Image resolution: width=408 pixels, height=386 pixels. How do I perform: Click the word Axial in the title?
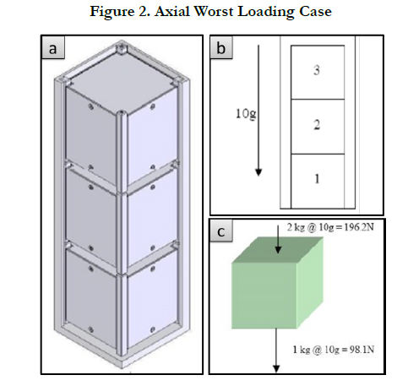(x=171, y=12)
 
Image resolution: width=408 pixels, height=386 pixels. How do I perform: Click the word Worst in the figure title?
(x=214, y=12)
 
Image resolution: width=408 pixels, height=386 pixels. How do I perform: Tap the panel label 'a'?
(x=52, y=48)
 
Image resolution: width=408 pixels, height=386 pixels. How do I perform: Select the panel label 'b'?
(x=221, y=48)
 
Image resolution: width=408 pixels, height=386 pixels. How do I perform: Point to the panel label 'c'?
(x=221, y=232)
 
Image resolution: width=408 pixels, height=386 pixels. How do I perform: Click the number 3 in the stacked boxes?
(x=317, y=70)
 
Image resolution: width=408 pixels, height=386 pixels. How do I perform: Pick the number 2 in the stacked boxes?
(x=317, y=125)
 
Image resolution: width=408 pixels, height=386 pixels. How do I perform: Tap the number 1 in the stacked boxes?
(x=317, y=179)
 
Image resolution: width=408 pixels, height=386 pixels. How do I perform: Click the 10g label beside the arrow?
(x=246, y=114)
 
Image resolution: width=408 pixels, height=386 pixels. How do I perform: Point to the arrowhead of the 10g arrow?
(x=258, y=172)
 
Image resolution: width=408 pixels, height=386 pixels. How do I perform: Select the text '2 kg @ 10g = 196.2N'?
(x=330, y=227)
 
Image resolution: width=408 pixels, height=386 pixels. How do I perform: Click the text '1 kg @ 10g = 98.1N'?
(x=334, y=350)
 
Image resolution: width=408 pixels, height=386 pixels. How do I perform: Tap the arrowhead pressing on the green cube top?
(x=278, y=249)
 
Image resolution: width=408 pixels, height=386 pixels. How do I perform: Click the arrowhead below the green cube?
(x=276, y=369)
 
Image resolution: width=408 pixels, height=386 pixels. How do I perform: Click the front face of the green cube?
(x=264, y=296)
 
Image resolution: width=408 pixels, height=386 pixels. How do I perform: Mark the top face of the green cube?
(x=277, y=250)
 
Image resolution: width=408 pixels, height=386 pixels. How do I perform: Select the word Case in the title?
(x=315, y=12)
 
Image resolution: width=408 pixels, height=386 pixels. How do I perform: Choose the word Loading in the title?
(x=266, y=13)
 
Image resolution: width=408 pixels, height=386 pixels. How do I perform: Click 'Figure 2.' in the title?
(x=120, y=13)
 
